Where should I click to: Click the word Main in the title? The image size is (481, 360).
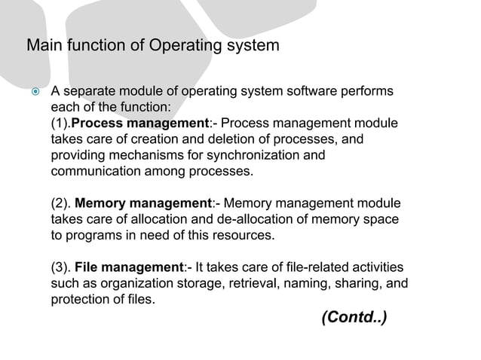pyautogui.click(x=42, y=46)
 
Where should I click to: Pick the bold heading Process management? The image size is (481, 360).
pyautogui.click(x=141, y=123)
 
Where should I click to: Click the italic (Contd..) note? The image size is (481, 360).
pyautogui.click(x=354, y=316)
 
